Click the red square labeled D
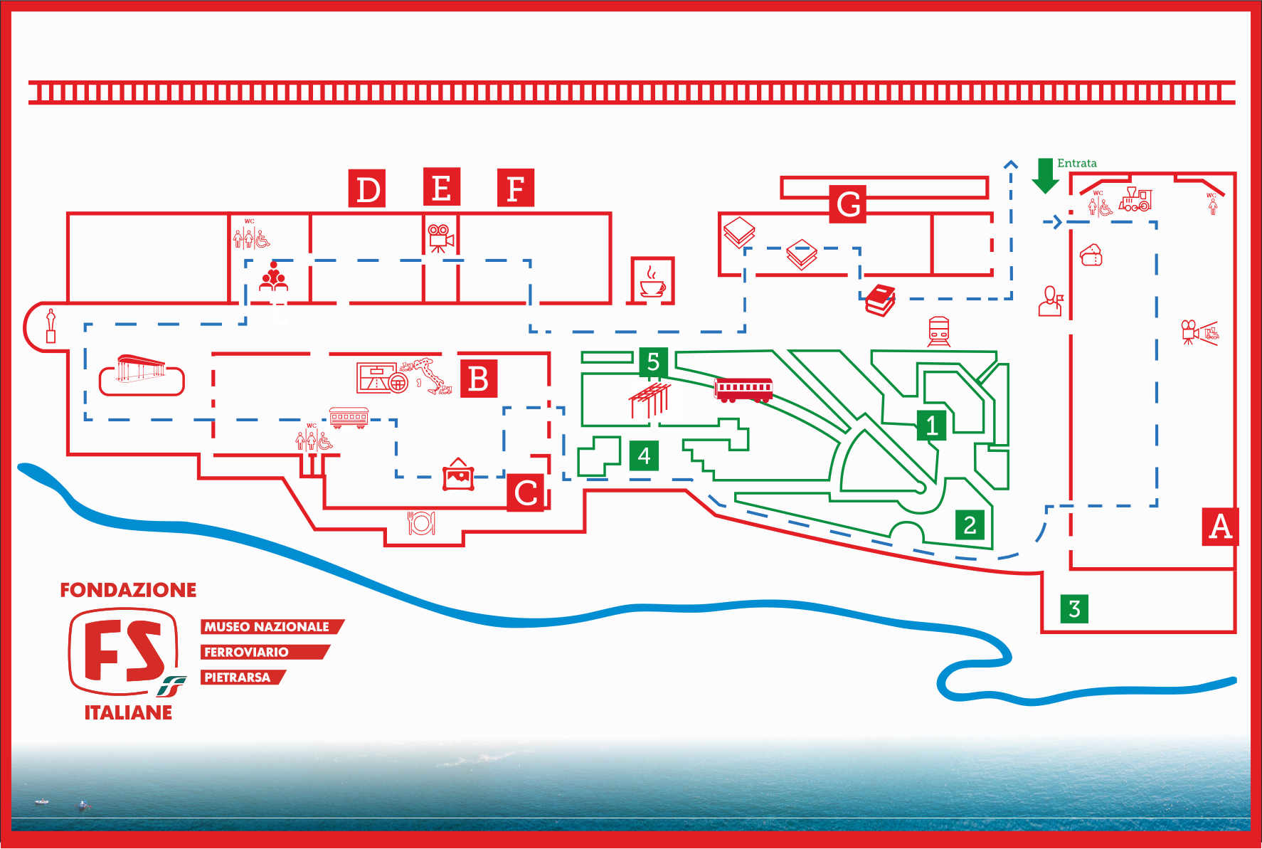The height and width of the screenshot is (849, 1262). pyautogui.click(x=367, y=189)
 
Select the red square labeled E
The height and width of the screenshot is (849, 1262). pyautogui.click(x=442, y=187)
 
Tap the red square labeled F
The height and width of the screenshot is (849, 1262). pyautogui.click(x=516, y=188)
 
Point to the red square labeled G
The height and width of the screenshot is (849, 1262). pyautogui.click(x=848, y=204)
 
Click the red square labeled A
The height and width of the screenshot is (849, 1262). pyautogui.click(x=1221, y=527)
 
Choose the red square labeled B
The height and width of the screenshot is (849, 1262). pyautogui.click(x=479, y=379)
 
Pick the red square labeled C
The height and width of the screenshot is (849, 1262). pyautogui.click(x=526, y=493)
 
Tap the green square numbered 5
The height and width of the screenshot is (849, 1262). pyautogui.click(x=653, y=362)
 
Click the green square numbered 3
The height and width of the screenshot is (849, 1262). pyautogui.click(x=1074, y=608)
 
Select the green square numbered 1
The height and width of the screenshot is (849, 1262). pyautogui.click(x=931, y=426)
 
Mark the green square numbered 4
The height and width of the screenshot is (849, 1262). pyautogui.click(x=644, y=455)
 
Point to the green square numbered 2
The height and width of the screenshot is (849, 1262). pyautogui.click(x=970, y=525)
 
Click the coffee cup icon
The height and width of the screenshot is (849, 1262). pyautogui.click(x=652, y=281)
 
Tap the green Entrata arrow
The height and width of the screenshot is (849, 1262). pyautogui.click(x=1045, y=176)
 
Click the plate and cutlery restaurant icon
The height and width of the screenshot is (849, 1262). pyautogui.click(x=421, y=523)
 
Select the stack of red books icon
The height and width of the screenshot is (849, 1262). pyautogui.click(x=880, y=300)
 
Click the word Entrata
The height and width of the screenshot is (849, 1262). pyautogui.click(x=1077, y=163)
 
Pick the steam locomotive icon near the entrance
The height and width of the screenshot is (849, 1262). pyautogui.click(x=1135, y=200)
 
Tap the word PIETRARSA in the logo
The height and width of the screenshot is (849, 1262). pyautogui.click(x=238, y=677)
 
